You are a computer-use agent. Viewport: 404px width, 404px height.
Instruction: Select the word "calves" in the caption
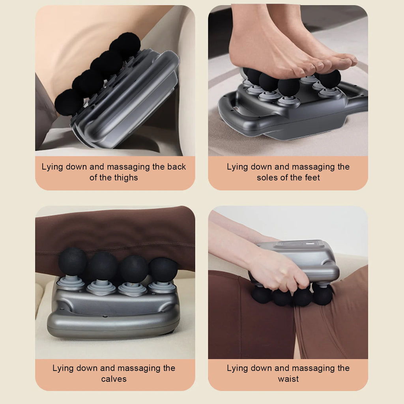coord(114,379)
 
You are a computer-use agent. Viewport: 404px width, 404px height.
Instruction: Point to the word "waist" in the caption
coord(288,379)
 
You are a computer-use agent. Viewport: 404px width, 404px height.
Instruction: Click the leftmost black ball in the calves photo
coord(73,261)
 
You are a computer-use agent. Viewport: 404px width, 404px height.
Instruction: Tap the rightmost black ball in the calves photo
coord(163,269)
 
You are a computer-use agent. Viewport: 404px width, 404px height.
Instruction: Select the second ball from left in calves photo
coord(103,266)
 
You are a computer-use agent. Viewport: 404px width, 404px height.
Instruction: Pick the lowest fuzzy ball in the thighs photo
coord(69,102)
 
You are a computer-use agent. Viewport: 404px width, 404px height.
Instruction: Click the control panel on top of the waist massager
coord(300,245)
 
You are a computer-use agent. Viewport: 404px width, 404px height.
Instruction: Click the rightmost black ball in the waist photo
coord(323,295)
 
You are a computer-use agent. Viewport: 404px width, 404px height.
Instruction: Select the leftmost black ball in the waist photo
coord(261,295)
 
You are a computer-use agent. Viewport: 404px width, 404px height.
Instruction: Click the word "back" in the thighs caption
coord(176,166)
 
